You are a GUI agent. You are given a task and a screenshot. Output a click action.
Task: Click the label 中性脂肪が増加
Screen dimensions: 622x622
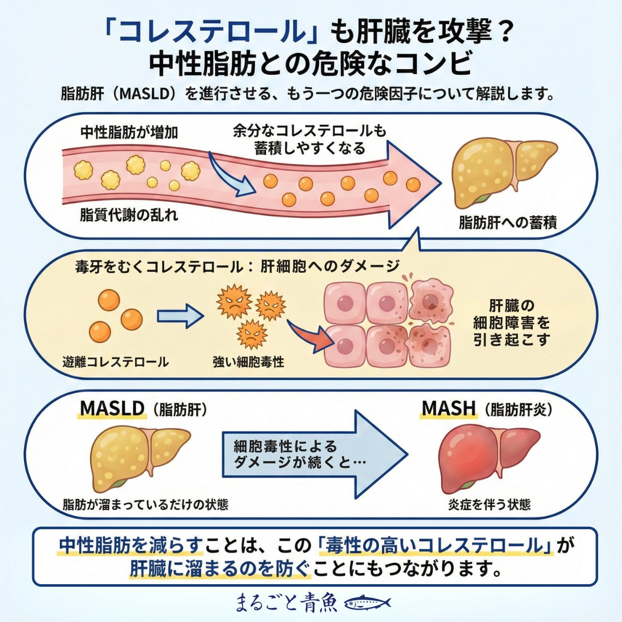(x=129, y=133)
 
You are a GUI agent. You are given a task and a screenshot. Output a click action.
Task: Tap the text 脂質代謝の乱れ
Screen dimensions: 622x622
(x=129, y=215)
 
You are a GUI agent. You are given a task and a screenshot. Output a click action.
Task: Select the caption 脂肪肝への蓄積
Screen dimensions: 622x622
(x=507, y=223)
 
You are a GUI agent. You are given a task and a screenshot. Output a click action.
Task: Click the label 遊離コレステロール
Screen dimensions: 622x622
(x=115, y=362)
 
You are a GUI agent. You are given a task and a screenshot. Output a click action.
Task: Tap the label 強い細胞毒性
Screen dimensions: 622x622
(x=248, y=362)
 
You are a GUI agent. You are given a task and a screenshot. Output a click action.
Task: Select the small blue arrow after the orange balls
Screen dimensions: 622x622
(x=179, y=316)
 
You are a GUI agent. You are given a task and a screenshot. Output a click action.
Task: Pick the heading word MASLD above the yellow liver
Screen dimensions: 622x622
(x=112, y=408)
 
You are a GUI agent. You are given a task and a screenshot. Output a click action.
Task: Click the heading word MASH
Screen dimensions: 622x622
(x=449, y=408)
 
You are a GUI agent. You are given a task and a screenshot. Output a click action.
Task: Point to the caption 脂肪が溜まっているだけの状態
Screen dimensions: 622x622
(x=145, y=504)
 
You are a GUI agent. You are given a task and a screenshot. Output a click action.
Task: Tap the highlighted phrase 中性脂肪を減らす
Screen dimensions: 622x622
(x=130, y=546)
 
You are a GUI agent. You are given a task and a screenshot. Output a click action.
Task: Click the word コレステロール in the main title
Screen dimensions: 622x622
(x=211, y=32)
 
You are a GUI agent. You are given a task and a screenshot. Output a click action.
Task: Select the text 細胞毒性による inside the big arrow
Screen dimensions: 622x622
(x=285, y=446)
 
